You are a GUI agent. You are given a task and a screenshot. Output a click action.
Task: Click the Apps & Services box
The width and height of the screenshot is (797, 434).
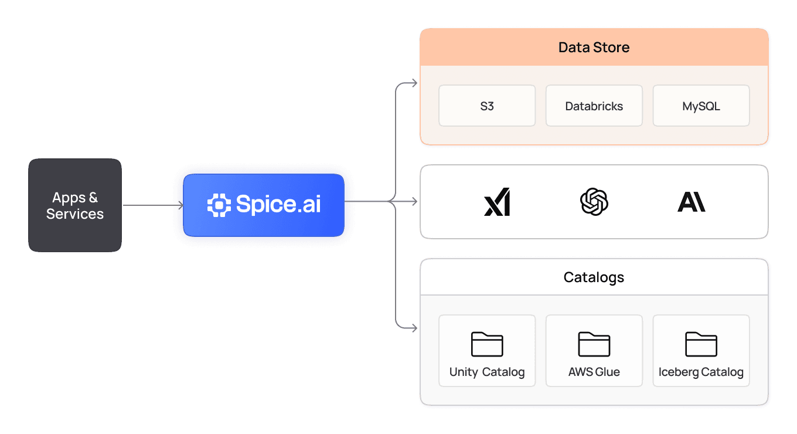pos(75,205)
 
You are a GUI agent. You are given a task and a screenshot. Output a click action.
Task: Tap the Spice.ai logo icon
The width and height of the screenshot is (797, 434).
pos(219,204)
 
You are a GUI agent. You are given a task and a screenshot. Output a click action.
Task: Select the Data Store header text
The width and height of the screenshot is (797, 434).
pos(594,48)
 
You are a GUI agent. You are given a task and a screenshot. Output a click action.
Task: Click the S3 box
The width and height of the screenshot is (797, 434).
pos(486,106)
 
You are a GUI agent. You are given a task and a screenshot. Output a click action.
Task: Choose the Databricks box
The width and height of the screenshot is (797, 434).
pos(594,106)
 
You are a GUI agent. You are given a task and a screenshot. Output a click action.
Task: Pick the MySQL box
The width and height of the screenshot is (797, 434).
pos(701,106)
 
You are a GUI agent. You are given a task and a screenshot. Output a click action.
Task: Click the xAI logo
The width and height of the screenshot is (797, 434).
pos(497,202)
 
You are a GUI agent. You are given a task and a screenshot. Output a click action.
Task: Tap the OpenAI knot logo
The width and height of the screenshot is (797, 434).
pos(594,202)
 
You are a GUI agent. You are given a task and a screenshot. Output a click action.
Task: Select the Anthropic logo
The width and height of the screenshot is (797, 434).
pos(691,202)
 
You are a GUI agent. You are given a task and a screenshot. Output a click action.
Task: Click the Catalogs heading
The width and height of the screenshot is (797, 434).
pos(594,277)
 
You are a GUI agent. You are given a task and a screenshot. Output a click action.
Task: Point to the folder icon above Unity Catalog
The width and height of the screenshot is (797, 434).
pos(487,344)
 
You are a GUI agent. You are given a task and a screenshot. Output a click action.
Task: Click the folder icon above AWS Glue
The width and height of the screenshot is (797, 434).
pos(594,344)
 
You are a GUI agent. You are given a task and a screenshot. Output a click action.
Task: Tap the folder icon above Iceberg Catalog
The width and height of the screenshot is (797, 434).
pos(701,344)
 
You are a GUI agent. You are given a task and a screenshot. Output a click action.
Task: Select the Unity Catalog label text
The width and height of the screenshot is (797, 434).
pos(487,372)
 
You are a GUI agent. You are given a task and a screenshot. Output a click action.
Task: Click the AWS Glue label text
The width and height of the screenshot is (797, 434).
pos(594,372)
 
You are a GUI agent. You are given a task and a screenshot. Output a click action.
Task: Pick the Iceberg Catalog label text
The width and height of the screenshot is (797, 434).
pos(701,372)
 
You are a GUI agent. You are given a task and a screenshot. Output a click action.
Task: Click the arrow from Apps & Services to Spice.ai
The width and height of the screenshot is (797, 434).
pos(152,205)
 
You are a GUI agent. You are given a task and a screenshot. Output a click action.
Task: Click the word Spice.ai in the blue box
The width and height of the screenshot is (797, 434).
pos(278,204)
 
